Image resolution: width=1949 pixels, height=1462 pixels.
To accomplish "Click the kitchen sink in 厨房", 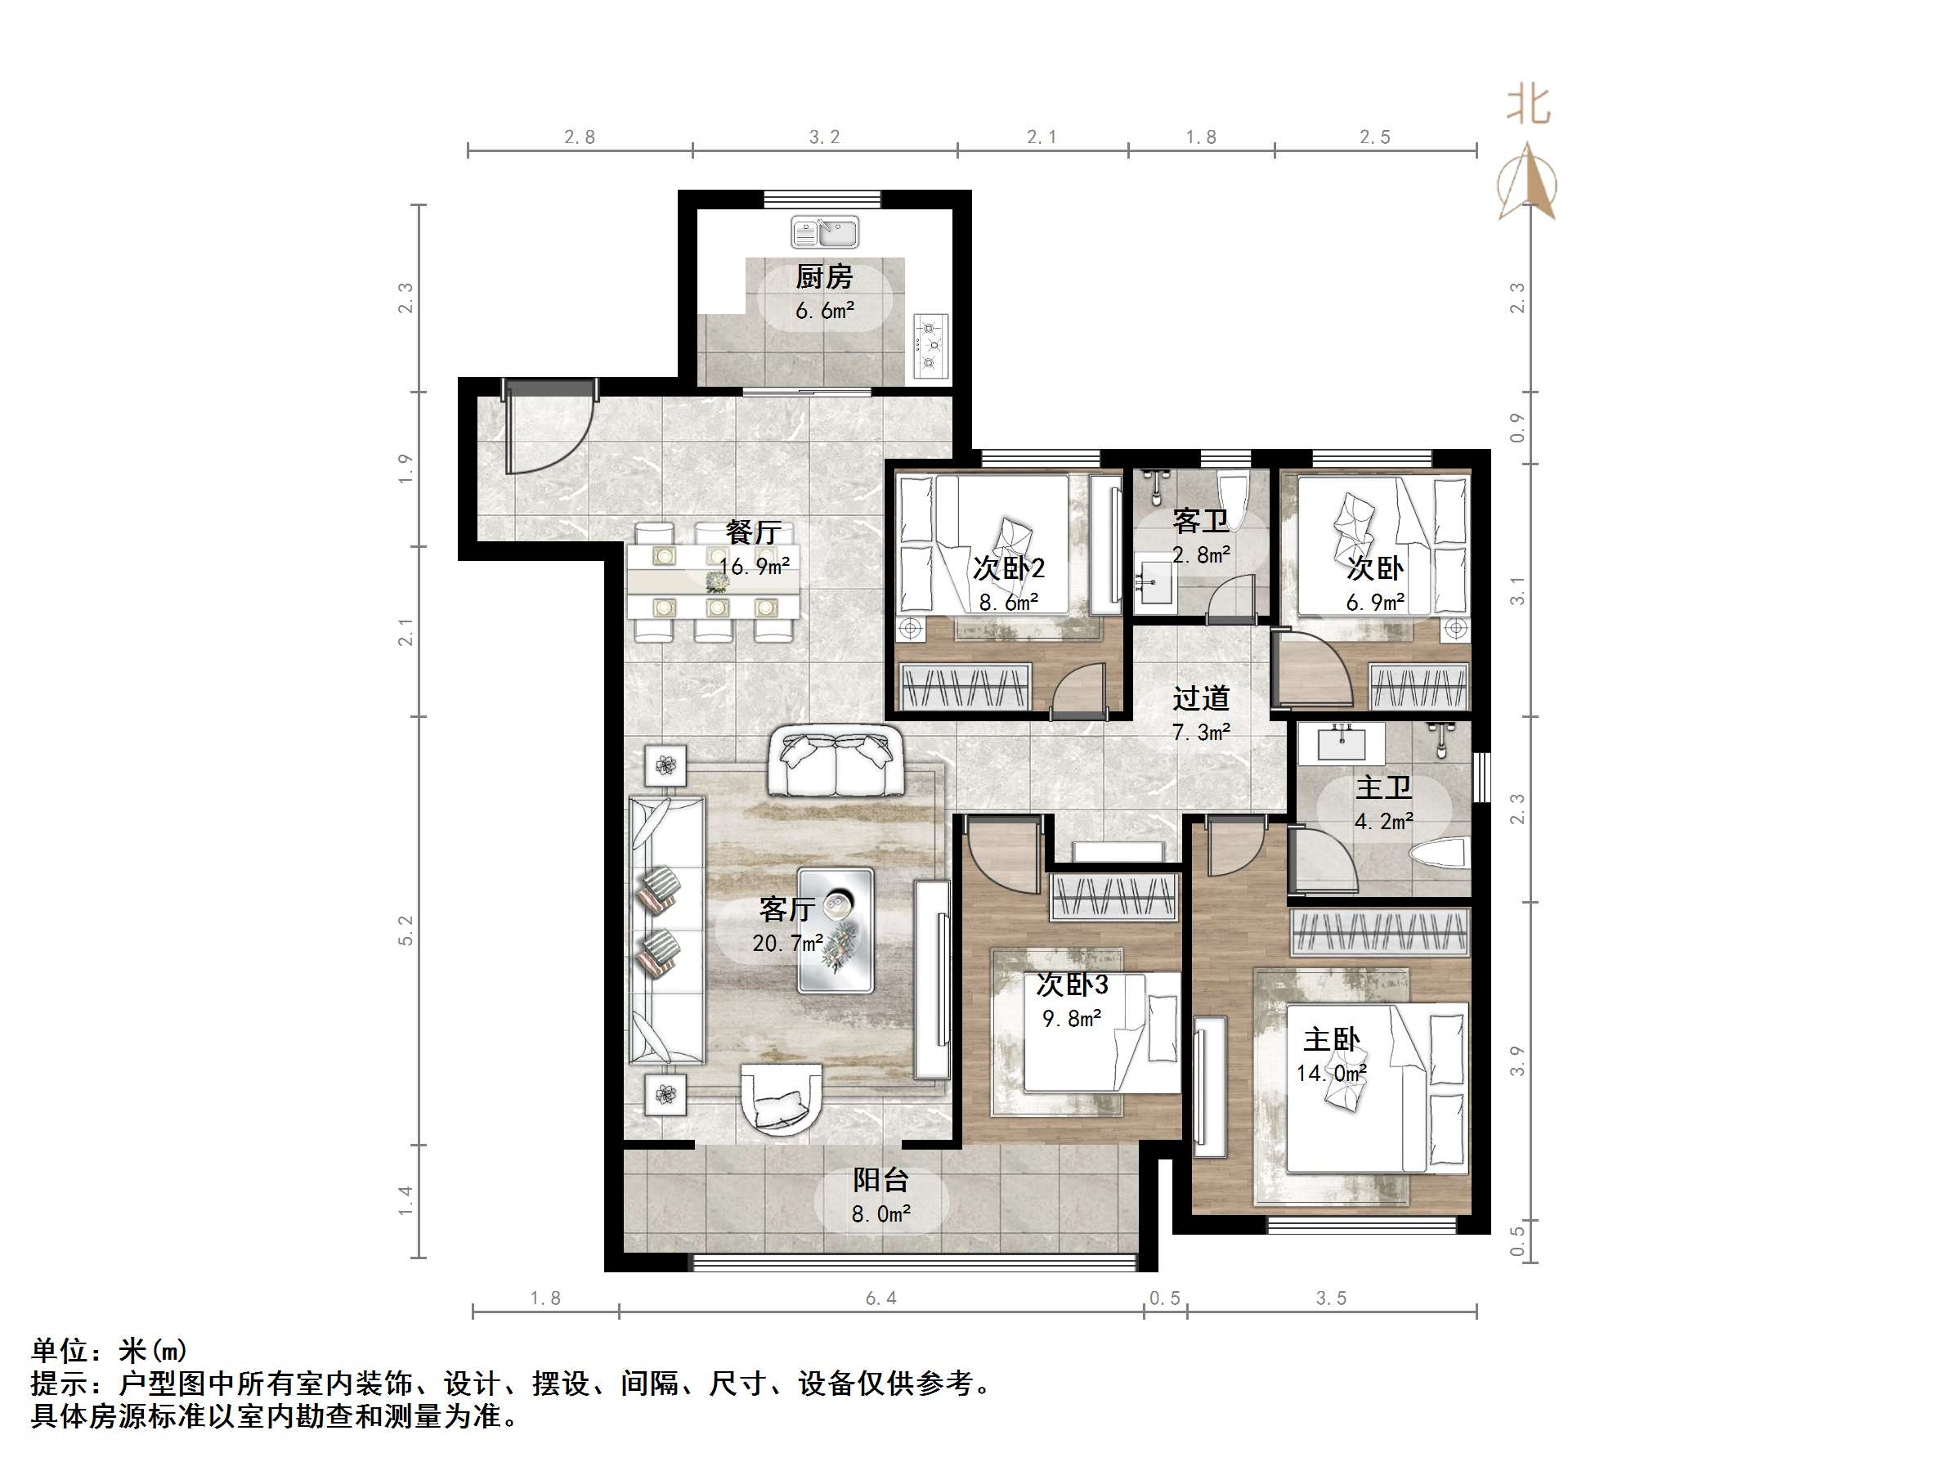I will coord(825,233).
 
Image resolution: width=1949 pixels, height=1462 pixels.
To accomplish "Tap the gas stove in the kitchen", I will coord(930,345).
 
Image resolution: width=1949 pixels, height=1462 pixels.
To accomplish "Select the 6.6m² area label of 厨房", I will coord(825,311).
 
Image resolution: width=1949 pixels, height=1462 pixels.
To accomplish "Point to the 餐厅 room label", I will coord(753,532).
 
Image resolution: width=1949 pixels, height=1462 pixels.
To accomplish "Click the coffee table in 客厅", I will coord(836,931).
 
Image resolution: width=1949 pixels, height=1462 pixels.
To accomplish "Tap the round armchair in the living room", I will coord(782,1099).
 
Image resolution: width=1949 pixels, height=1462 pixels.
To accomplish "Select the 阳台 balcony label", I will coord(880,1180).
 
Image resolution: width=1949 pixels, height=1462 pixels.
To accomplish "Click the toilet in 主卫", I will coord(1440,854).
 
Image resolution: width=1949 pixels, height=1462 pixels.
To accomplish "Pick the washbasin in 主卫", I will coord(1342,743).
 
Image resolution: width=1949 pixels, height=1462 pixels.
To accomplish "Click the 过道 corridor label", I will coord(1201,699).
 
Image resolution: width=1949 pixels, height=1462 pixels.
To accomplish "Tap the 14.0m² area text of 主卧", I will coord(1330,1074).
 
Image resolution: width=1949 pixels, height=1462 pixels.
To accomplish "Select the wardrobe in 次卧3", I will coord(1114,898).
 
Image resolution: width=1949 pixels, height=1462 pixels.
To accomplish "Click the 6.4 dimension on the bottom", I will coord(881,1298).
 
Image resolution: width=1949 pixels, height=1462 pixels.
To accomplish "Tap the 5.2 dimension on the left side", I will coord(405,931).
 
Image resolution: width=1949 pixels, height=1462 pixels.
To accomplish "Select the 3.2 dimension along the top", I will coord(825,137).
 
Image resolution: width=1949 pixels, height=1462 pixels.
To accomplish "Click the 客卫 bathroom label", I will coord(1200,522).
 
